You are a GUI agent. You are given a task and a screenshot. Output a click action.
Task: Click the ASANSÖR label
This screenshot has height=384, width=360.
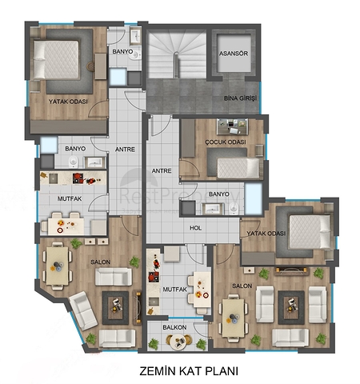234,54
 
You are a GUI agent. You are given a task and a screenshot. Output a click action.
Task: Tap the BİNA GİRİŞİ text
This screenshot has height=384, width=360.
240,98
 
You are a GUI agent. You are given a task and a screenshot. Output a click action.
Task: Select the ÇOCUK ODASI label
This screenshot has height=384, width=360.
226,142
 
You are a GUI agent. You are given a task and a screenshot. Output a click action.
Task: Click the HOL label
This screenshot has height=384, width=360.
195,228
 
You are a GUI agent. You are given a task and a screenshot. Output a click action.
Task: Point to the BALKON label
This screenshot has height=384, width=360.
174,327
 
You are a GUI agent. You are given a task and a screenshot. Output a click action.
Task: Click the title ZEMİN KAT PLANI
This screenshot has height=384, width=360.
189,371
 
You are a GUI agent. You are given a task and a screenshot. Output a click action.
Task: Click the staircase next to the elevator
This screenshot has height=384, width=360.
177,54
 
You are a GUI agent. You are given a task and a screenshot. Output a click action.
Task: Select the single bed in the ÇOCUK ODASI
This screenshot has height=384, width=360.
238,168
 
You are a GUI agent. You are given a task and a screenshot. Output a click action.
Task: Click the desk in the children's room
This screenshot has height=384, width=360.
232,126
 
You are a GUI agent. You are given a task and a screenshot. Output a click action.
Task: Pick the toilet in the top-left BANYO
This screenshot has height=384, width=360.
137,55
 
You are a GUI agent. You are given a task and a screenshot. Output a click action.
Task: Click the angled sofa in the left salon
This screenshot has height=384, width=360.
83,311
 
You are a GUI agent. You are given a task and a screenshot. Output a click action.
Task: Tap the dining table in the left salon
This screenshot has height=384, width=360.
57,266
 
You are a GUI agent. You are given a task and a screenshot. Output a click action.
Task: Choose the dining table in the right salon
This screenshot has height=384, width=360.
234,318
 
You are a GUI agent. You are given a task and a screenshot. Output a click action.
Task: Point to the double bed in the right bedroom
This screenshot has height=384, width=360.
310,232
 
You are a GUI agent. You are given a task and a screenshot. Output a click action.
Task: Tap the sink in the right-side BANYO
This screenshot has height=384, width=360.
213,209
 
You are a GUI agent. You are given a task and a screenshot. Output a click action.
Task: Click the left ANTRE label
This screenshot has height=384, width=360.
125,150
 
